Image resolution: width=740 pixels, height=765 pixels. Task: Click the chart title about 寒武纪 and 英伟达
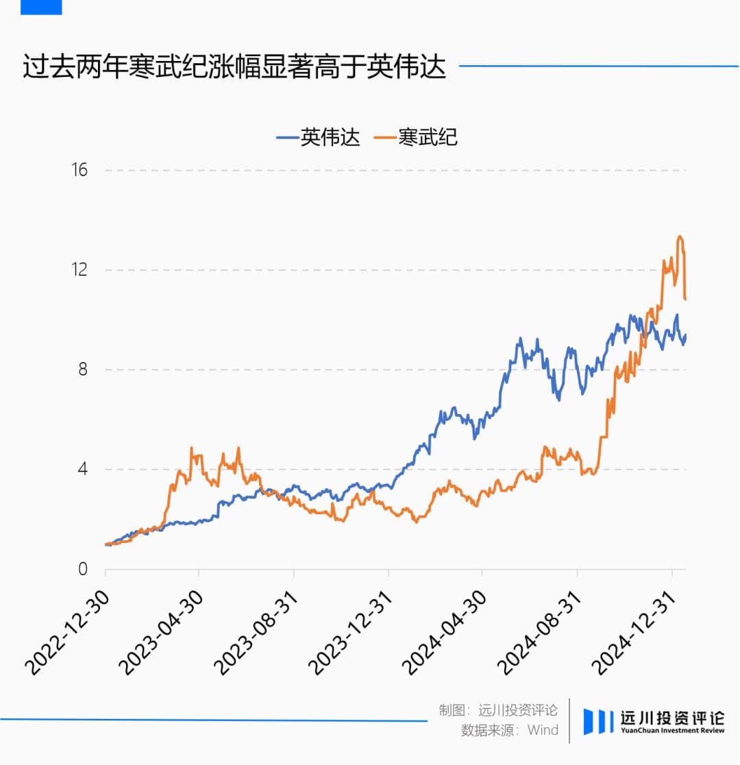click(234, 67)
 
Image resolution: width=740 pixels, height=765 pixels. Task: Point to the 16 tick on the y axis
click(79, 170)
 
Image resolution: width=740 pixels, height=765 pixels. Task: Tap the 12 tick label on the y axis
click(79, 269)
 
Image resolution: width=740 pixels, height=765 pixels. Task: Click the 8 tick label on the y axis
click(83, 369)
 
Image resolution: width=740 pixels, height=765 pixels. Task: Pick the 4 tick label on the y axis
click(83, 470)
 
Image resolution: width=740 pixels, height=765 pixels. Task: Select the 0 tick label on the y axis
click(83, 569)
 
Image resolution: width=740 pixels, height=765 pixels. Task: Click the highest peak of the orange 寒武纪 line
click(680, 237)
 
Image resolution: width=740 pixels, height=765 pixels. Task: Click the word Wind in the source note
click(543, 730)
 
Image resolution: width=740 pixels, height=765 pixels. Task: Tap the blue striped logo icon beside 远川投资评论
click(598, 721)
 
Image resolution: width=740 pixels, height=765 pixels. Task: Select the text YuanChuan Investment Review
click(672, 731)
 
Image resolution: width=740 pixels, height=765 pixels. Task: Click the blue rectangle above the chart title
click(41, 7)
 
